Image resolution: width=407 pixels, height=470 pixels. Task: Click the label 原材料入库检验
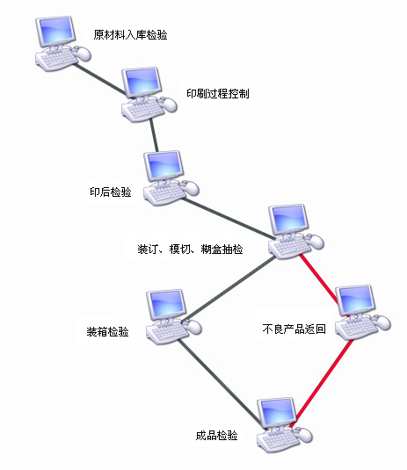[130, 35]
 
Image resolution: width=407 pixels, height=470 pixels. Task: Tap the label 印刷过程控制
[218, 93]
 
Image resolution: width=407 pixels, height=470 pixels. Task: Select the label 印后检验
[111, 192]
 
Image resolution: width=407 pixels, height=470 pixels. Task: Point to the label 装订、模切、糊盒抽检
[190, 249]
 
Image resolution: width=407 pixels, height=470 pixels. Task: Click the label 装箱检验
[107, 332]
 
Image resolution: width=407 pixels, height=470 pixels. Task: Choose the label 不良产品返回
[294, 329]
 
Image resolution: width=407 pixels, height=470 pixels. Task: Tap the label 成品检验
[216, 435]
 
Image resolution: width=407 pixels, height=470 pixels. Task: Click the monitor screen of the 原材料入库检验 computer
[55, 30]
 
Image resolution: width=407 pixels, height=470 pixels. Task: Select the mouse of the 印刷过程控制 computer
[169, 105]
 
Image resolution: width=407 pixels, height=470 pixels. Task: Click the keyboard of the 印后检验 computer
[165, 193]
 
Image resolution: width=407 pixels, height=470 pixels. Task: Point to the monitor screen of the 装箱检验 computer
[166, 303]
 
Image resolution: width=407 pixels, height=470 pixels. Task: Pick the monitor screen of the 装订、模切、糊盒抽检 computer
[288, 220]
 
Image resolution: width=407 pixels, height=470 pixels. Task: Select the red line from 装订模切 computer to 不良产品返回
[319, 278]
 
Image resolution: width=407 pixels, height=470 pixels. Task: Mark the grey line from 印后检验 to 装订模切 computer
[229, 219]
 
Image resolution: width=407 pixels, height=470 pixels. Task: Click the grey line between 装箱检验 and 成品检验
[219, 381]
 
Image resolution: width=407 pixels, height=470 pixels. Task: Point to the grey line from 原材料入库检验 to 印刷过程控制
[99, 79]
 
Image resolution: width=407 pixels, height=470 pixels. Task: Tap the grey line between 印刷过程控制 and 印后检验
[154, 135]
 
